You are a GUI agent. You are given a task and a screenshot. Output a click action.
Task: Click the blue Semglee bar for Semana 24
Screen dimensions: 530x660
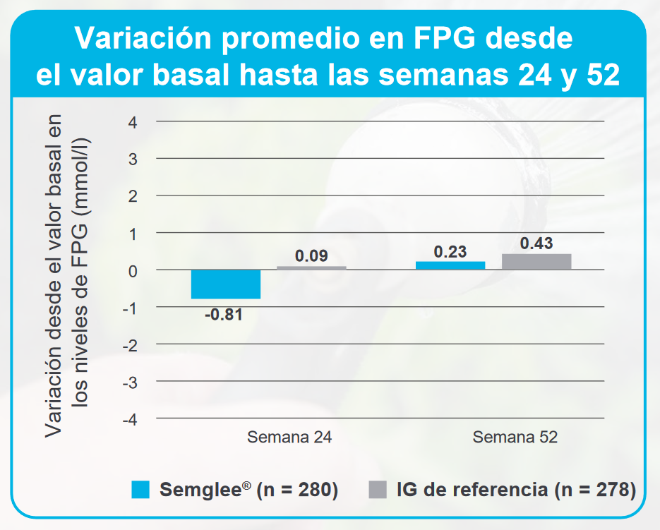click(x=226, y=284)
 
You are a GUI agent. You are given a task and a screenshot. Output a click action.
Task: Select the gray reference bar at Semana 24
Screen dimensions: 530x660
click(x=311, y=268)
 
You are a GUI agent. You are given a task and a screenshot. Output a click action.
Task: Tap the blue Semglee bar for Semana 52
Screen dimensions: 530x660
click(x=450, y=265)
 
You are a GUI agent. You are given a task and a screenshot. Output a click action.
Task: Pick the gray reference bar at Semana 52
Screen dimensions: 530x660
click(x=536, y=262)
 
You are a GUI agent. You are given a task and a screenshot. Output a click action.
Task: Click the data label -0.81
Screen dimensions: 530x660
click(x=224, y=315)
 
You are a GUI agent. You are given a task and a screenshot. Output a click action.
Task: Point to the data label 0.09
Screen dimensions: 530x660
click(x=311, y=255)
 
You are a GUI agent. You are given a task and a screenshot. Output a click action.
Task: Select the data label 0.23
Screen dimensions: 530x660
click(x=450, y=251)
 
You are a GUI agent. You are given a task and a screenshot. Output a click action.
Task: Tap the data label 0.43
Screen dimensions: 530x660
click(x=536, y=243)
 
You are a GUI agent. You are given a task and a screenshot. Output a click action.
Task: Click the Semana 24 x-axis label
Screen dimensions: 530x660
click(x=289, y=438)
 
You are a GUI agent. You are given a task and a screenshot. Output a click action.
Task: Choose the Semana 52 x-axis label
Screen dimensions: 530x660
click(x=515, y=438)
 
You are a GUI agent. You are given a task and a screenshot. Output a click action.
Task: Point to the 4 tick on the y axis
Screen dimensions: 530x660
click(x=132, y=122)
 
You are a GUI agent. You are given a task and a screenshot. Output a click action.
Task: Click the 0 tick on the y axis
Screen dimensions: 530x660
click(x=132, y=270)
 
